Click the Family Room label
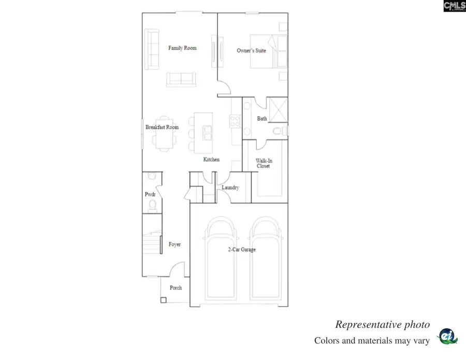(182, 48)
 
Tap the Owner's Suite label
(251, 51)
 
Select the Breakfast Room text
(162, 127)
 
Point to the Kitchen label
(211, 160)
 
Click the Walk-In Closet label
(264, 164)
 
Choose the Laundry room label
(230, 188)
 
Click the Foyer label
(174, 244)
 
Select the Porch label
(176, 288)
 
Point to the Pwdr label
(150, 194)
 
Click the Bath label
(262, 119)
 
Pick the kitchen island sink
(207, 133)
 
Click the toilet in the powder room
(152, 206)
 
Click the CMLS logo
(455, 6)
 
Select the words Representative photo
(382, 325)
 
